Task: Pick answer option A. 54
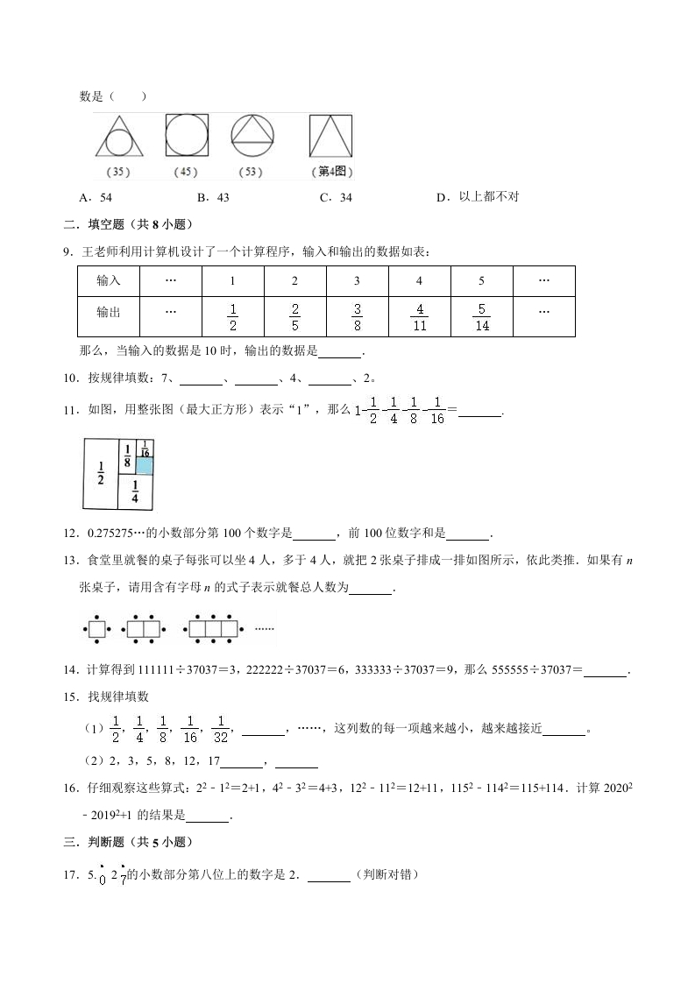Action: point(95,198)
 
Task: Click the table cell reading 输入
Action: point(109,281)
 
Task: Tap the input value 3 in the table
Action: point(357,281)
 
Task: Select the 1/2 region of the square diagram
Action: point(100,473)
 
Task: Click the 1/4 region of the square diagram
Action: point(135,491)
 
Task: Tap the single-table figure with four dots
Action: point(94,628)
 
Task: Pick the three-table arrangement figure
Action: point(215,628)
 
